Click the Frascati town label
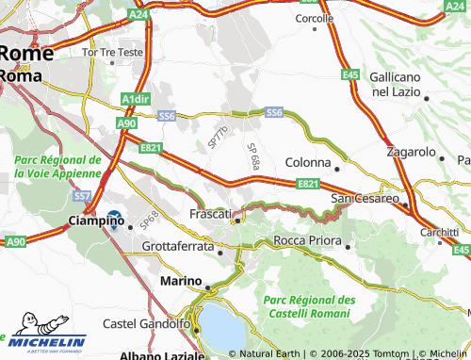click(211, 214)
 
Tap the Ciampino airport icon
click(115, 220)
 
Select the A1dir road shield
click(136, 97)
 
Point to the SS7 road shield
click(82, 195)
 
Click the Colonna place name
click(308, 162)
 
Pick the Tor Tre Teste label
click(113, 52)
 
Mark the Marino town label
click(181, 281)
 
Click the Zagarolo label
click(411, 152)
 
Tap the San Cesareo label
click(365, 198)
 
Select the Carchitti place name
click(440, 232)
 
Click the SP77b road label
click(218, 136)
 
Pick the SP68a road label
click(252, 156)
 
